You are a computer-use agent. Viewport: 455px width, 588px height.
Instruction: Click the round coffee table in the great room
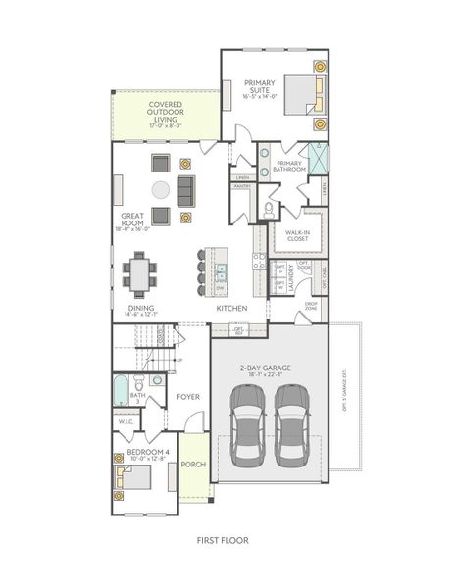(x=160, y=189)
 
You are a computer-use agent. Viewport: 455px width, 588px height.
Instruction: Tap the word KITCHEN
(x=230, y=308)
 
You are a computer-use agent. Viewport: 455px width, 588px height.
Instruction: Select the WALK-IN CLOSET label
(x=297, y=233)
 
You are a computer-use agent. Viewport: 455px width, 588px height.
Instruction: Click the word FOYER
(x=188, y=396)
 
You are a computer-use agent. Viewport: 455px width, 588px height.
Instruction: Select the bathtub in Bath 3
(x=121, y=390)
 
